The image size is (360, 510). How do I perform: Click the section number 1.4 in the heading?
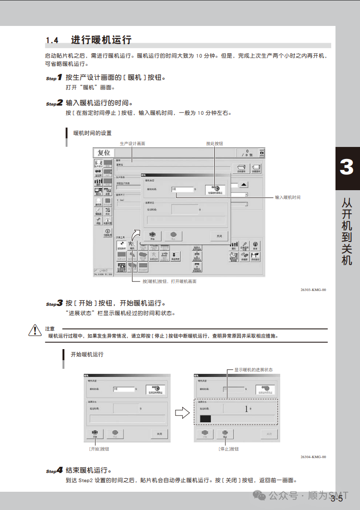coord(52,40)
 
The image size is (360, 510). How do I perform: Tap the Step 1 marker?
coord(54,78)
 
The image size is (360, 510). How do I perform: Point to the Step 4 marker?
coord(54,471)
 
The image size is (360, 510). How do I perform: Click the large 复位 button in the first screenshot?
coord(104,153)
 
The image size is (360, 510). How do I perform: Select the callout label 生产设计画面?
coord(132,144)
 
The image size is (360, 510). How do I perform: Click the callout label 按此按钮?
coord(214,144)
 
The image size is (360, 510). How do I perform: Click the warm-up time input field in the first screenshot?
coord(182,189)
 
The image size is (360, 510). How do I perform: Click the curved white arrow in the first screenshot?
coord(137,235)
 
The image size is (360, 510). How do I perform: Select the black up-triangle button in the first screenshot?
coord(244,184)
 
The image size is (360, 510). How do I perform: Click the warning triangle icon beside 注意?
coord(35,330)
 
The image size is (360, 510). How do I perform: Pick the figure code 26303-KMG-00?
coord(313,290)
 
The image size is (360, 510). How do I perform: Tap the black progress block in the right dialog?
coord(205,419)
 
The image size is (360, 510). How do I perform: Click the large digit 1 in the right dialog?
coord(247,409)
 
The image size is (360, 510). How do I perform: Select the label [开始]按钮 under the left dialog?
coord(99,449)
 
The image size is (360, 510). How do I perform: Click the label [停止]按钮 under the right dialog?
coord(228,449)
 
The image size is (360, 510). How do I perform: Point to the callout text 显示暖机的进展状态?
coord(253,370)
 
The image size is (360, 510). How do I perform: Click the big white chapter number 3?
coord(347,168)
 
